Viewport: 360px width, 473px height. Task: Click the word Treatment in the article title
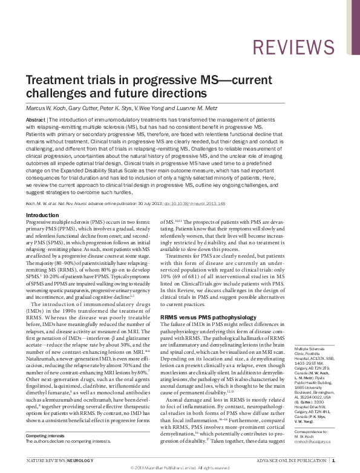pos(53,82)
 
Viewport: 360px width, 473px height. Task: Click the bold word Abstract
pos(35,120)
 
